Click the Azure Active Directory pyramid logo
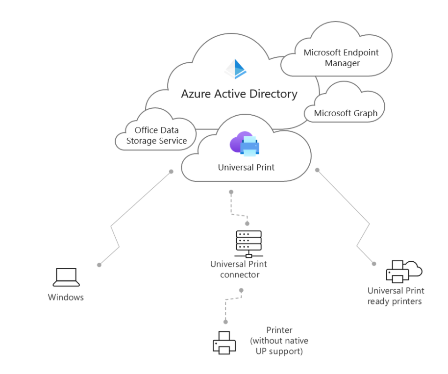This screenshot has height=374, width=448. coord(235,69)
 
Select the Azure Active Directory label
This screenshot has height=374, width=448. coord(239,94)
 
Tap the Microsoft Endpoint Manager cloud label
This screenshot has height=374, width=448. coord(341,58)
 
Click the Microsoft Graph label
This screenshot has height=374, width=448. coord(346,113)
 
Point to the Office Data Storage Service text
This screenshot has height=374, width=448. coord(157,136)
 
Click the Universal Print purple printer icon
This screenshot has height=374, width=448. coord(245,144)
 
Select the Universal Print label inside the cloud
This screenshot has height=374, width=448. coord(246,168)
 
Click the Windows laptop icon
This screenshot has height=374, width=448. coord(66,277)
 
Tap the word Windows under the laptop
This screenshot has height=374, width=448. coord(66,297)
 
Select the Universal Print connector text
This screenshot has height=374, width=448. coord(239,270)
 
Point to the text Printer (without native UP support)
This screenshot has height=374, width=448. coord(279,341)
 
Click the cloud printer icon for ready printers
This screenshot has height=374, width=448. coord(404,271)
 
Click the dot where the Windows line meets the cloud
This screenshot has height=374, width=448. coord(171,172)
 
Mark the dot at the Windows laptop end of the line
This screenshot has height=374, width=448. coord(100,265)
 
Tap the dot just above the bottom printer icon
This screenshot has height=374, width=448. coord(225,322)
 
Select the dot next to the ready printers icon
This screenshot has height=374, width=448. coord(374,263)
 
